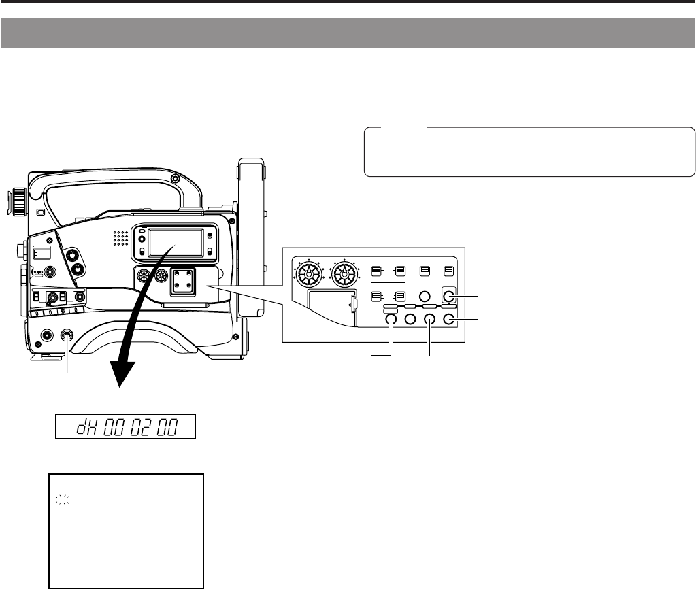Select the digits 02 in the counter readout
pos(137,428)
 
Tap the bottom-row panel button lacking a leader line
pos(410,320)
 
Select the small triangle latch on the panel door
pos(350,305)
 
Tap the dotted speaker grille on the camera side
pos(120,237)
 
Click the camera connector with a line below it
pos(67,335)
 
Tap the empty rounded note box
pos(529,152)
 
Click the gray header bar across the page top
pos(348,33)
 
